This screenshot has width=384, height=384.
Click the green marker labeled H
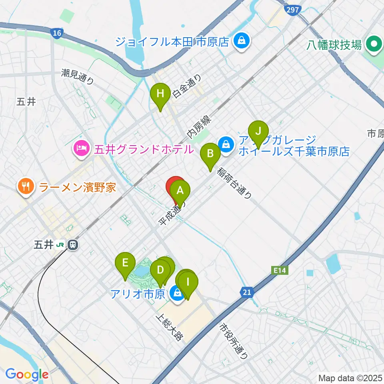(160, 95)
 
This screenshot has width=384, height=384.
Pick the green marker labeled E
(125, 264)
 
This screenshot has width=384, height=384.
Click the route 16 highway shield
(57, 33)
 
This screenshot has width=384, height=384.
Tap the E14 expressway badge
(281, 271)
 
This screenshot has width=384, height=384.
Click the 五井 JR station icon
(73, 244)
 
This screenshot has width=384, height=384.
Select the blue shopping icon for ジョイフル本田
(241, 40)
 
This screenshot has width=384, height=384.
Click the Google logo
(27, 374)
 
